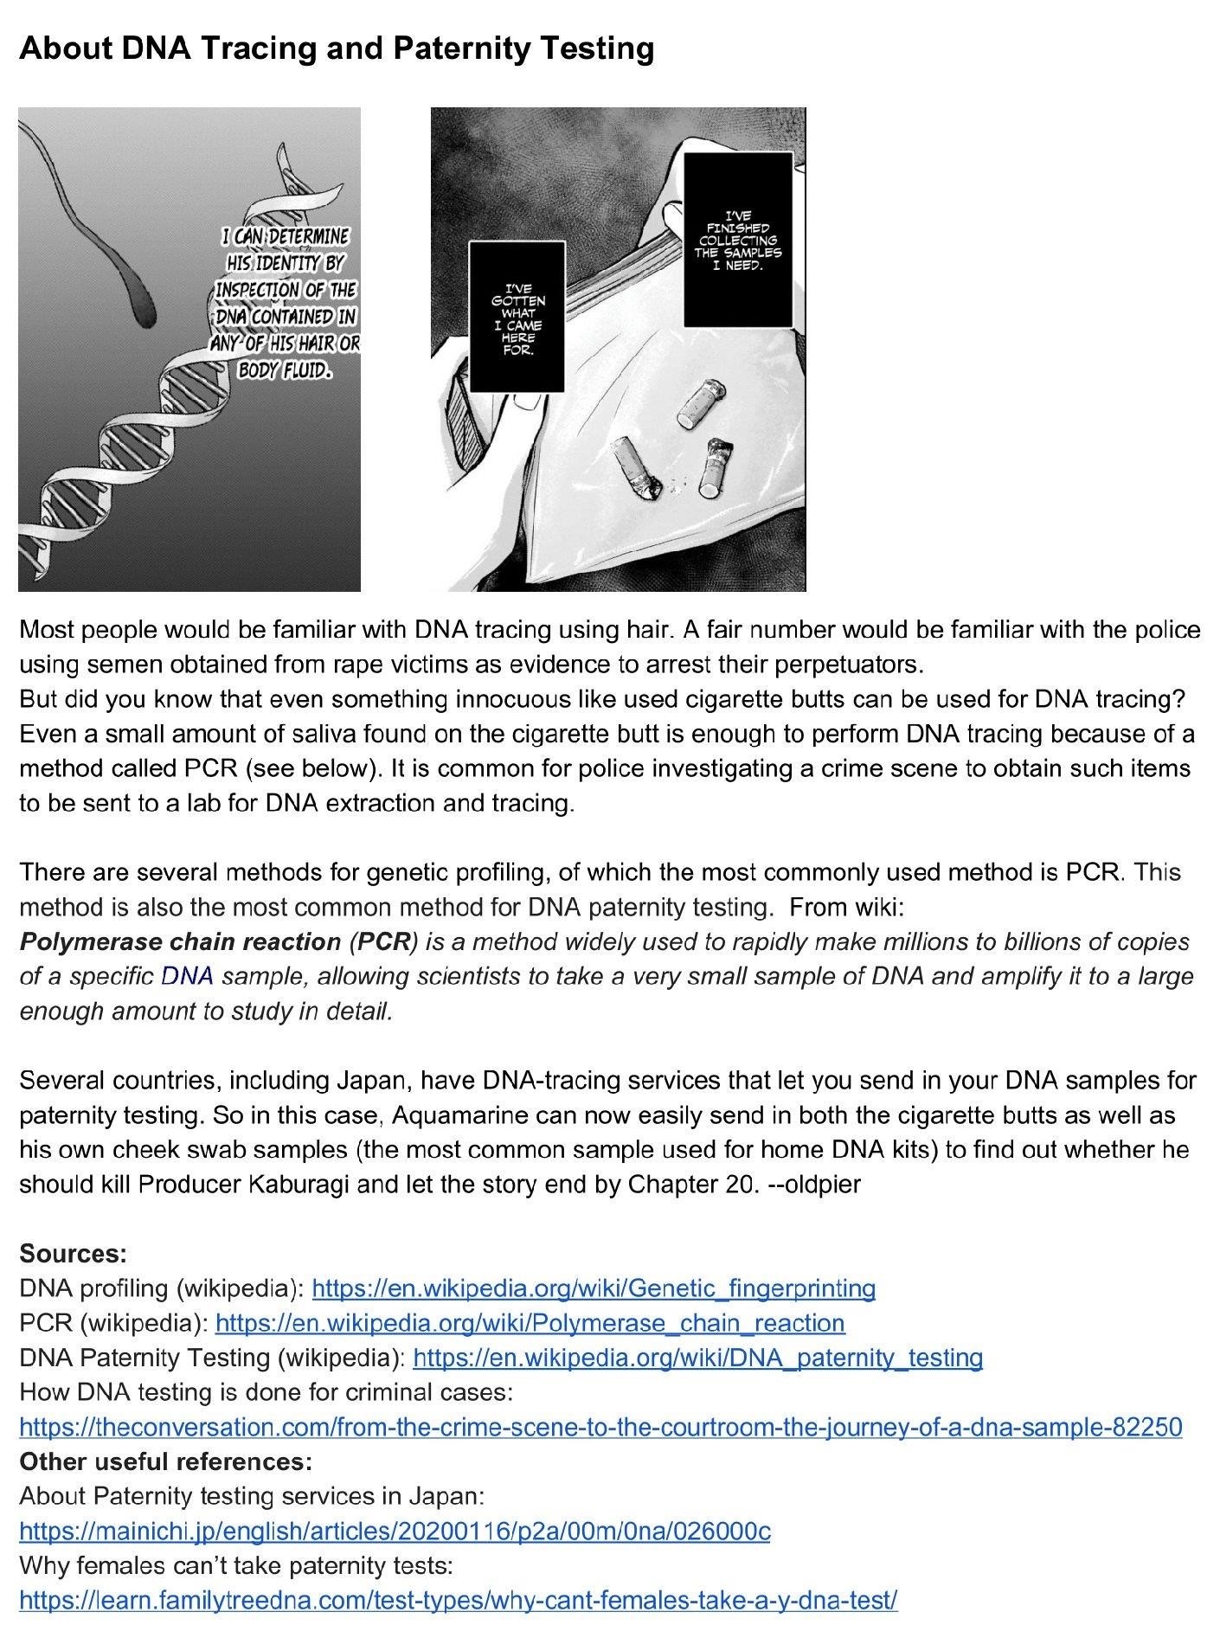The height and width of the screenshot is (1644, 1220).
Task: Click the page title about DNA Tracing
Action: [336, 48]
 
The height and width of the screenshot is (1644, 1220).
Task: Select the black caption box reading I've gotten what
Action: [517, 318]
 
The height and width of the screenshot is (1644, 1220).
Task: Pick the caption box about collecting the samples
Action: [738, 240]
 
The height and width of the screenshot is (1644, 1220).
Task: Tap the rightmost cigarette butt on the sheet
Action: [715, 468]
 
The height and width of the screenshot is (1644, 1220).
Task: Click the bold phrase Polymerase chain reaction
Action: [180, 941]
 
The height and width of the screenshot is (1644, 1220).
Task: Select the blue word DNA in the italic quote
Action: [187, 976]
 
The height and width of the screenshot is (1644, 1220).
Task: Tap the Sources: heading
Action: [73, 1253]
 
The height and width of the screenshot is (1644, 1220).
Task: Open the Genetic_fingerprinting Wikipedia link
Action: [594, 1288]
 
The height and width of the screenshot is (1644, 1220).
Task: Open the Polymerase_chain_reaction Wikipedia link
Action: [530, 1323]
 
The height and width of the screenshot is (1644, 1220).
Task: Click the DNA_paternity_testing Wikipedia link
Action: [697, 1358]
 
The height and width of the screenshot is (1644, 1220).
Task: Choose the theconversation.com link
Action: [600, 1427]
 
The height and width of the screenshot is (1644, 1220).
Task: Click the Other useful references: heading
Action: [165, 1461]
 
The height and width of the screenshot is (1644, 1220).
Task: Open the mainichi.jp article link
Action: [395, 1532]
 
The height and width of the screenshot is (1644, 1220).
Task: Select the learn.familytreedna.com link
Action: [459, 1601]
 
